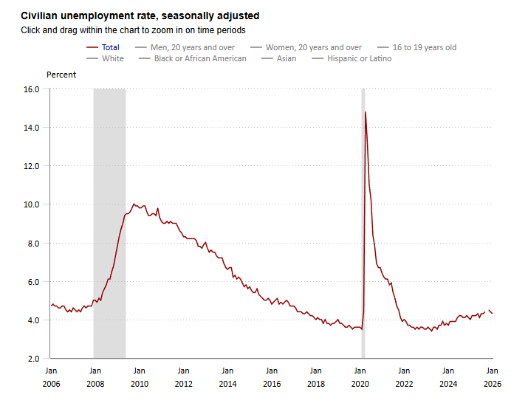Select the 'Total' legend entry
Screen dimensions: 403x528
click(110, 47)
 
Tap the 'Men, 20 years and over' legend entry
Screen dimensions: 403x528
click(192, 47)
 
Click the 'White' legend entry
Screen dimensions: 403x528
click(113, 58)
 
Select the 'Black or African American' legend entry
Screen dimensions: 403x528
click(200, 58)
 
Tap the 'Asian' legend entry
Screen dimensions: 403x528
click(287, 58)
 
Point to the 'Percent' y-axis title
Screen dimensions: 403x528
click(61, 75)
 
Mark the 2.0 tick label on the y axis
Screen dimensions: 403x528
click(33, 359)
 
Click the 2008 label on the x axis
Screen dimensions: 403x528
click(95, 384)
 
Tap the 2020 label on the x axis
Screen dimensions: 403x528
click(360, 384)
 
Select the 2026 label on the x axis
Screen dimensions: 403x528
click(492, 384)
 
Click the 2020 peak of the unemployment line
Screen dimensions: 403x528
click(366, 112)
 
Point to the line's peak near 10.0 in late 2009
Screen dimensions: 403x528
click(134, 204)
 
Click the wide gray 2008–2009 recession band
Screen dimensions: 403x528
click(109, 221)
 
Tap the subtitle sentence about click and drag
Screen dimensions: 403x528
click(133, 30)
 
